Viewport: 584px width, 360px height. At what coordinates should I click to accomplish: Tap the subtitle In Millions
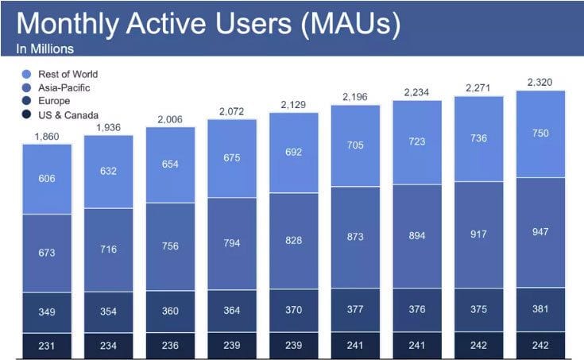coord(45,49)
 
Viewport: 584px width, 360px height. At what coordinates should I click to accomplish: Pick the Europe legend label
coord(53,101)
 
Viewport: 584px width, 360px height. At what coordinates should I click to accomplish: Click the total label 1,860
coord(47,137)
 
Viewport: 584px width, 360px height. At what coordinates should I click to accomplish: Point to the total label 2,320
coord(540,81)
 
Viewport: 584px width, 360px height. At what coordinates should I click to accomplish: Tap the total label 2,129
coord(294,105)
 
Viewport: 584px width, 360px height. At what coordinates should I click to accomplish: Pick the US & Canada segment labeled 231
coord(47,345)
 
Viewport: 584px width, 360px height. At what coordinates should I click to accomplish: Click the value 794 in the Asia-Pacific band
coord(232,239)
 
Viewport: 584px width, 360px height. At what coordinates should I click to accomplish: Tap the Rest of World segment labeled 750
coord(540,134)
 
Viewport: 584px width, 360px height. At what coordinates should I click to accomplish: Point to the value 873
coord(355,237)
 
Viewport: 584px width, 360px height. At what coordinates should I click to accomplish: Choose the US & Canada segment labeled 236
coord(170,345)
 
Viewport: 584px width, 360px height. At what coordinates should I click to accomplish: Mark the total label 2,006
coord(170,120)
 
